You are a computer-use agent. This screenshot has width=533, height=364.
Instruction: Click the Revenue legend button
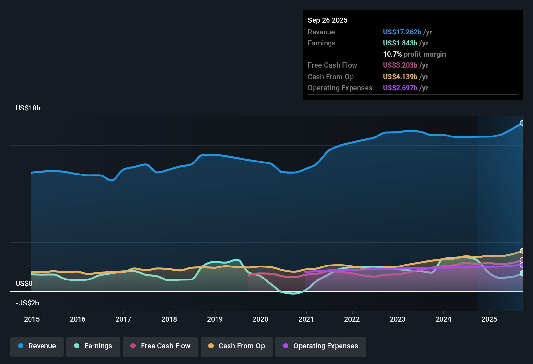pyautogui.click(x=37, y=346)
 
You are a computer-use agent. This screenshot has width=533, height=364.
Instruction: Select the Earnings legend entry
pyautogui.click(x=93, y=346)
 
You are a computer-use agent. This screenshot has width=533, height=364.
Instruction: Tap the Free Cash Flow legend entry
pyautogui.click(x=160, y=346)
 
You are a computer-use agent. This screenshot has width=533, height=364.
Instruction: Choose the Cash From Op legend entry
pyautogui.click(x=236, y=346)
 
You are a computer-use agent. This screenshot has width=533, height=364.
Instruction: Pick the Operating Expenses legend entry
pyautogui.click(x=320, y=346)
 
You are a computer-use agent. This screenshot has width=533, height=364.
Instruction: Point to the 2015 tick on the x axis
pyautogui.click(x=32, y=319)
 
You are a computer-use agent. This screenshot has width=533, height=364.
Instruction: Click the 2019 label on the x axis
pyautogui.click(x=215, y=319)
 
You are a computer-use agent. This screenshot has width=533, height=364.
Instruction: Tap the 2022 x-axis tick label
pyautogui.click(x=352, y=319)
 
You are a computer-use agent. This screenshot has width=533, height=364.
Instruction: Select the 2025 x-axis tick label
pyautogui.click(x=489, y=319)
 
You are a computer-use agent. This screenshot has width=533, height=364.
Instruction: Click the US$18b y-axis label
pyautogui.click(x=28, y=108)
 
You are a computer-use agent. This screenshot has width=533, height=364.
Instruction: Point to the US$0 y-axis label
pyautogui.click(x=24, y=283)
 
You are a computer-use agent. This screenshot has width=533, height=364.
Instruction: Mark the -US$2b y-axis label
pyautogui.click(x=27, y=303)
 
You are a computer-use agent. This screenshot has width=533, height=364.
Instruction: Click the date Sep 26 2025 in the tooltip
pyautogui.click(x=328, y=20)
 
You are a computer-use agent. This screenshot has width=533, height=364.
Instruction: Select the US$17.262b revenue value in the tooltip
pyautogui.click(x=402, y=32)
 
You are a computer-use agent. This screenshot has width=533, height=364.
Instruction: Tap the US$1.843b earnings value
pyautogui.click(x=400, y=43)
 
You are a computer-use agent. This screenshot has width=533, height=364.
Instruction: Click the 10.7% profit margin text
pyautogui.click(x=414, y=54)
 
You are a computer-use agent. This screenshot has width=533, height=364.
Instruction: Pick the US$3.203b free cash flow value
pyautogui.click(x=400, y=65)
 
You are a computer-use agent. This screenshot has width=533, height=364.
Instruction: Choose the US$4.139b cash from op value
pyautogui.click(x=400, y=77)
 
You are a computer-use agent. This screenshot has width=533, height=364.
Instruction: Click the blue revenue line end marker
pyautogui.click(x=522, y=123)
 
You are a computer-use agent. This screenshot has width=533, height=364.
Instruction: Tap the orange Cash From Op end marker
pyautogui.click(x=522, y=251)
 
